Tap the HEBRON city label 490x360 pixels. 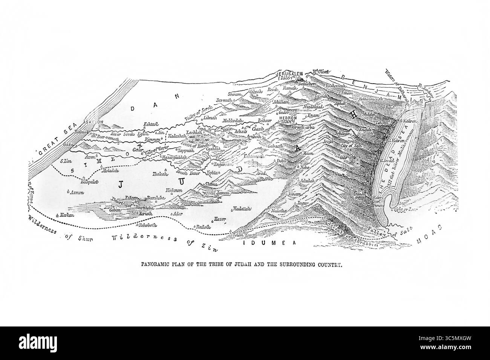288,118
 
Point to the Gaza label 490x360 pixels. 68,144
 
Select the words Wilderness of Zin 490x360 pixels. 165,241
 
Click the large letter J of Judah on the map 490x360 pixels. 121,185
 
